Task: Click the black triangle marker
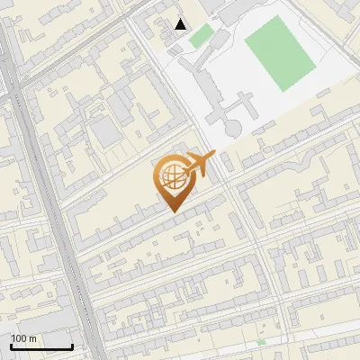[x=181, y=24]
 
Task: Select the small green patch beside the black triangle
[x=202, y=35]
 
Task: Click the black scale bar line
[x=41, y=346]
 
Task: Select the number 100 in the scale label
[x=19, y=337]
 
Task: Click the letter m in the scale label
[x=31, y=337]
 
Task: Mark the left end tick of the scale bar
[x=11, y=345]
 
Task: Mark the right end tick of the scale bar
[x=72, y=345]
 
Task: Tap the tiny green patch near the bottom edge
[x=261, y=343]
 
